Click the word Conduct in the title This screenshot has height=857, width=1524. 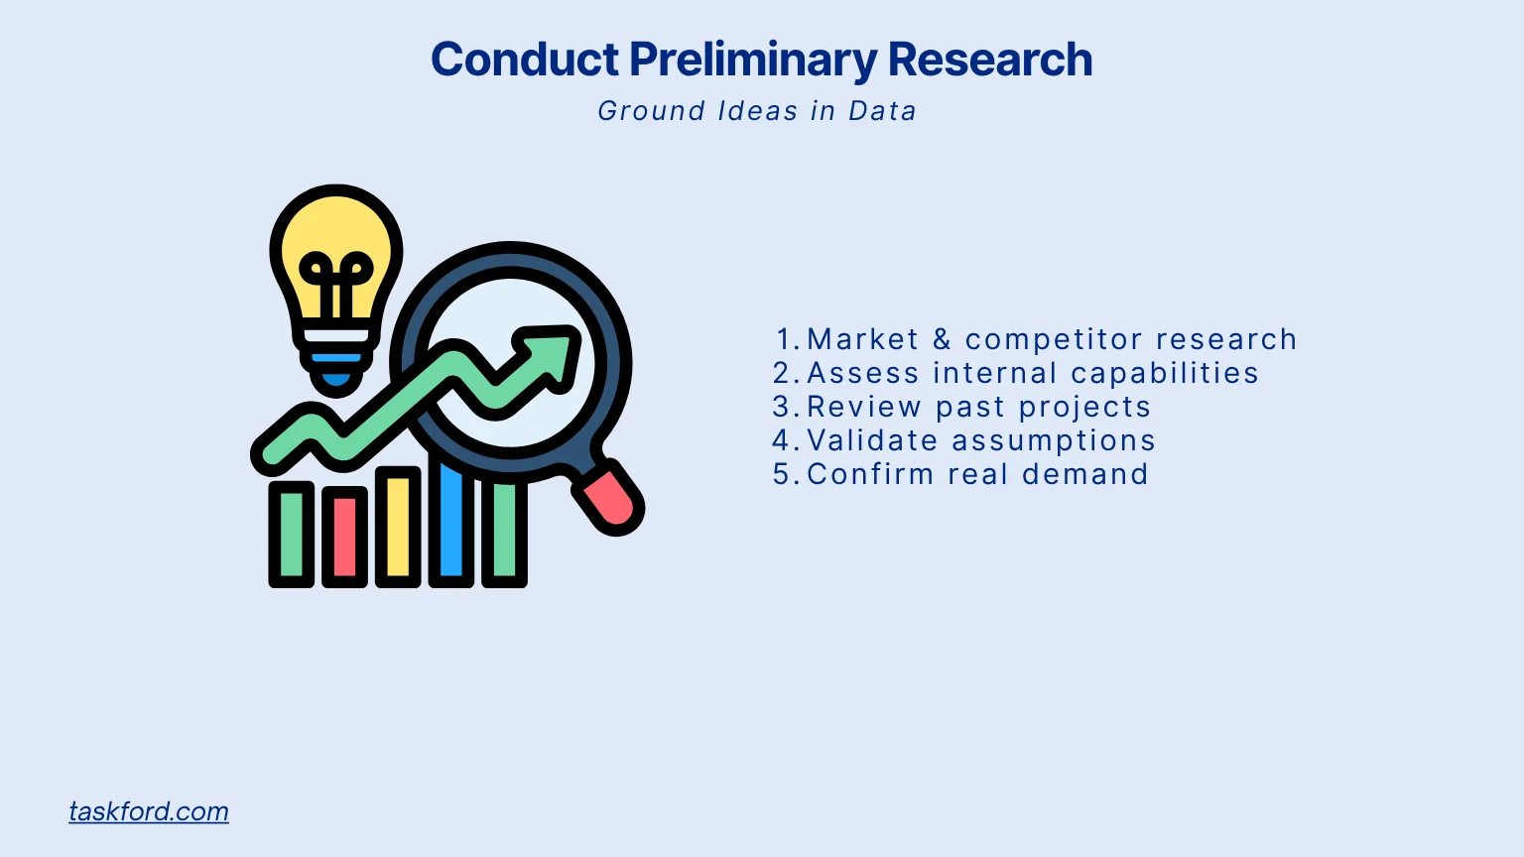click(525, 60)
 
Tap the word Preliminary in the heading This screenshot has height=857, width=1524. click(753, 61)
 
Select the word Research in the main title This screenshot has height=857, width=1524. click(989, 60)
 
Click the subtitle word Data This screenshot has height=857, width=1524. click(882, 111)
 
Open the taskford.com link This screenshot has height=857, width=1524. click(149, 811)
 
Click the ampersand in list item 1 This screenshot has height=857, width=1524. click(942, 339)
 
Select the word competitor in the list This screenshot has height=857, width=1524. click(1054, 339)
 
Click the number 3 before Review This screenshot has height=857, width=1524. click(781, 407)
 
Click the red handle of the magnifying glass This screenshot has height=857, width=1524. click(609, 498)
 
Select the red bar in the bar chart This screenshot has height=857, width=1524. click(345, 536)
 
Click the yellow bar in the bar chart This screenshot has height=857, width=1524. click(398, 526)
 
